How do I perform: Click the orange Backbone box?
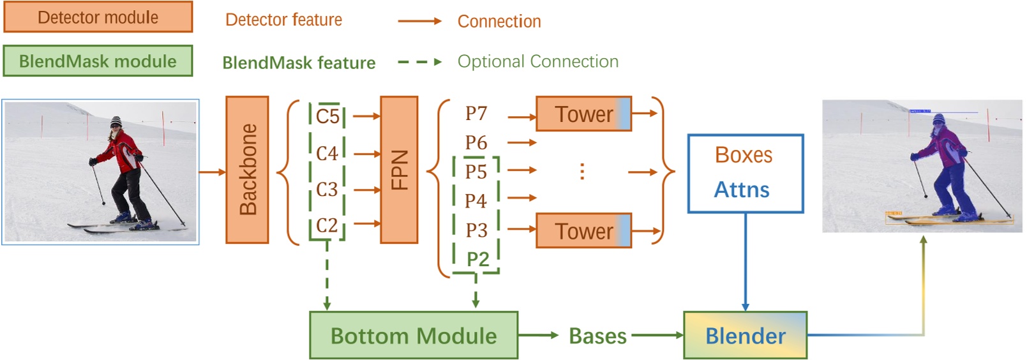coord(247,170)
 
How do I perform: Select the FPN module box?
coord(399,170)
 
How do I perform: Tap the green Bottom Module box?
coord(413,335)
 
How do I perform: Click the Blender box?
coord(745,335)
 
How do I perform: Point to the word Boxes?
coord(744,155)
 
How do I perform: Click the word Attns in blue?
coord(742,190)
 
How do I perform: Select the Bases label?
coord(597,336)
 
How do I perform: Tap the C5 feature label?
coord(327,116)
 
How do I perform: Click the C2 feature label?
coord(327,225)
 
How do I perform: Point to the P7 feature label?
coord(476,114)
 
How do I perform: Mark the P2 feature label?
coord(477,259)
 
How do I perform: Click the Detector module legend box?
coord(98,17)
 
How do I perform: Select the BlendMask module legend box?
coord(98,61)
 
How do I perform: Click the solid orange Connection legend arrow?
coord(419,21)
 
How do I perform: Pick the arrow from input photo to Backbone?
coord(213,172)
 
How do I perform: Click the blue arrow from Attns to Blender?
coord(745,262)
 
